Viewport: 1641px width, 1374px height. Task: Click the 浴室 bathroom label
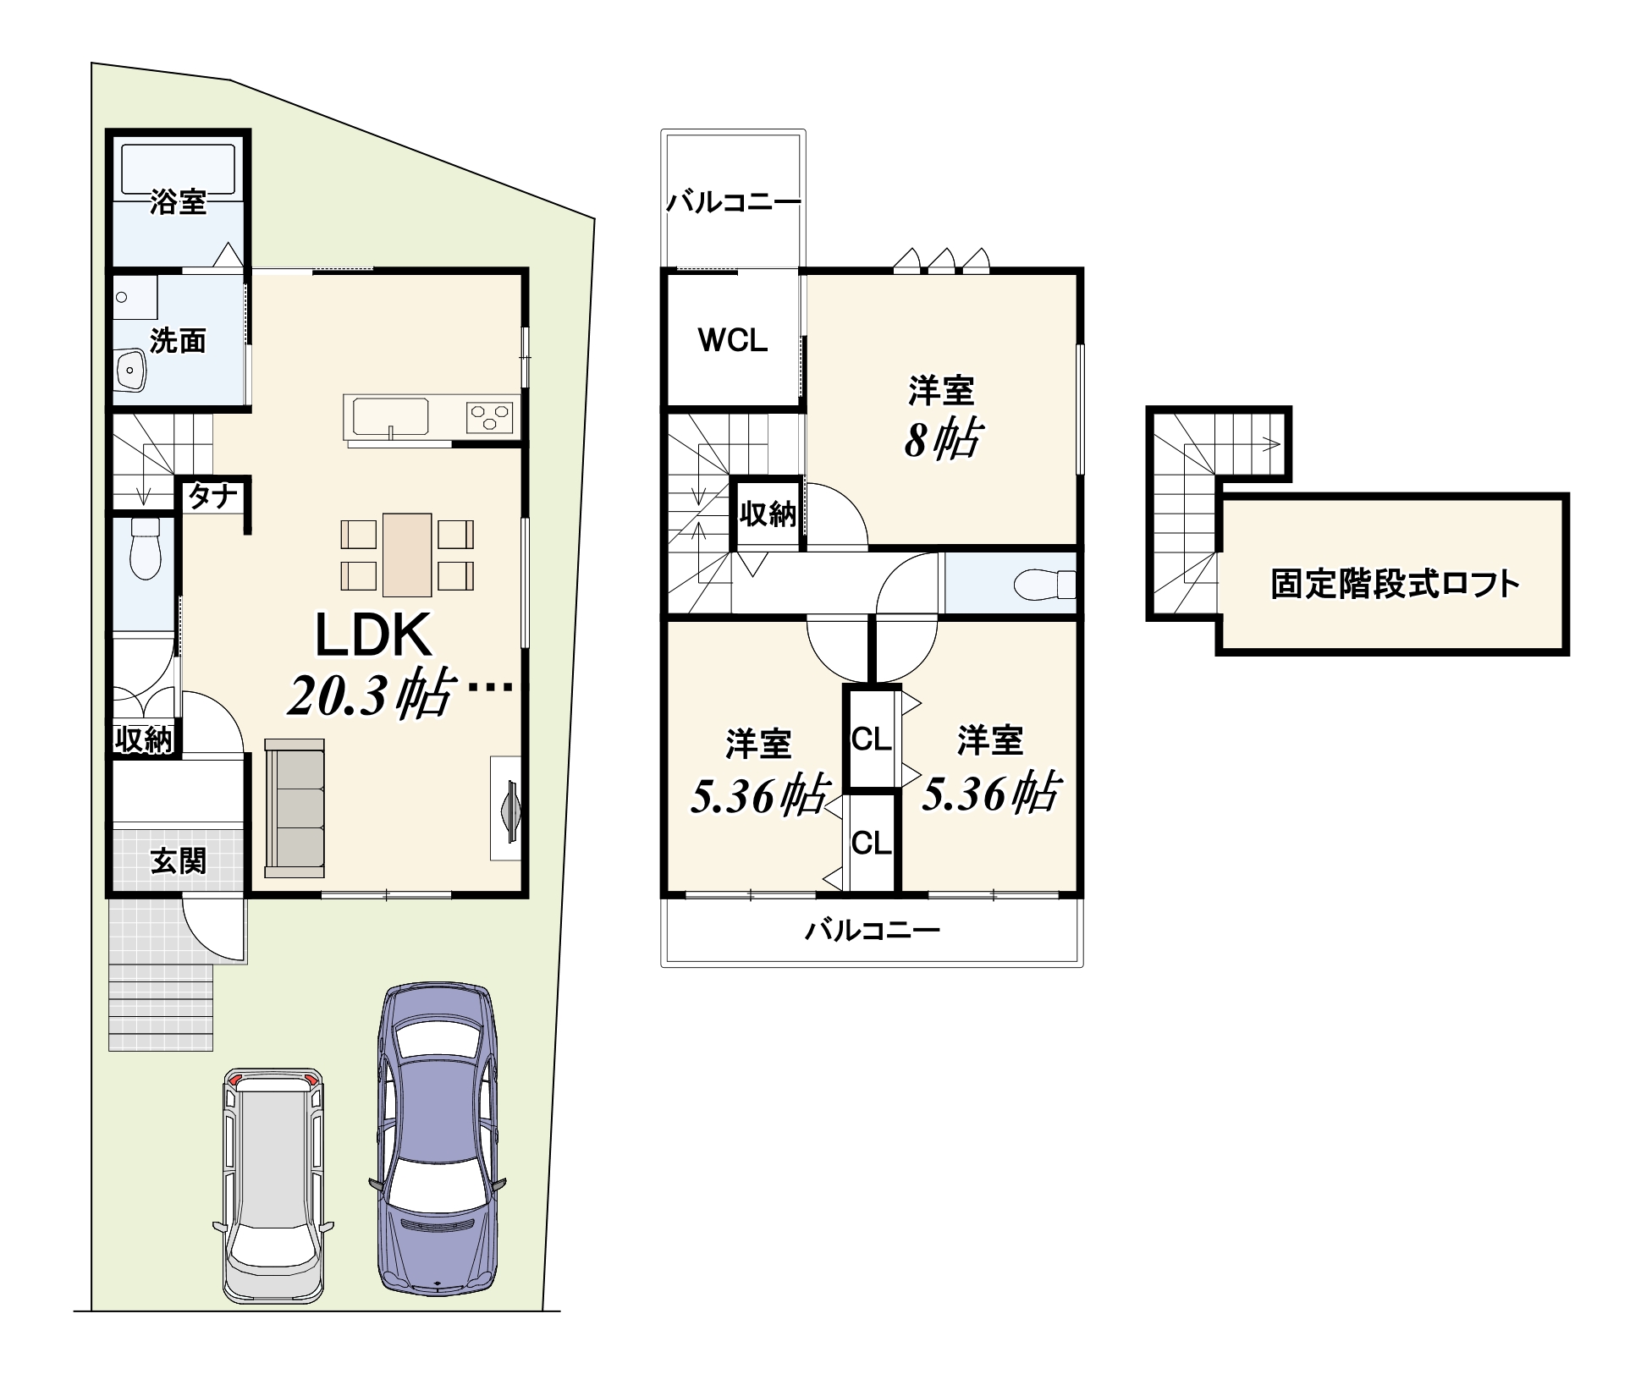click(178, 202)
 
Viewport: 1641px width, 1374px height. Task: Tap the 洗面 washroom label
click(178, 340)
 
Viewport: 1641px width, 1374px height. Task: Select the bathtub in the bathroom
click(178, 170)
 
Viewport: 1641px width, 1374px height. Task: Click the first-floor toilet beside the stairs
click(146, 547)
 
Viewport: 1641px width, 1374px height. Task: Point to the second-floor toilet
click(1044, 585)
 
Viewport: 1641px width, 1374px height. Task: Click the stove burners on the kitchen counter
click(490, 417)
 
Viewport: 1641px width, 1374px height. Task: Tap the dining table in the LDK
click(407, 555)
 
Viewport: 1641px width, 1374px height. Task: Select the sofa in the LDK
click(295, 807)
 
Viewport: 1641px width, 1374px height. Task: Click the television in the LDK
click(512, 809)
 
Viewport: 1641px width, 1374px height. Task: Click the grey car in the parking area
click(273, 1184)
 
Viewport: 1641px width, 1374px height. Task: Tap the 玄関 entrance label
click(179, 861)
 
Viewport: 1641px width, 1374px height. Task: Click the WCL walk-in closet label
click(733, 340)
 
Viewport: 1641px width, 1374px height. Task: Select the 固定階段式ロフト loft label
click(1395, 584)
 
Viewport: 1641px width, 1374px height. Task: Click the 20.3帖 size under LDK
click(369, 694)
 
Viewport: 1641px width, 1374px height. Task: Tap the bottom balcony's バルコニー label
click(873, 931)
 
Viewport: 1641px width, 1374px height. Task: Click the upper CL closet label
click(872, 739)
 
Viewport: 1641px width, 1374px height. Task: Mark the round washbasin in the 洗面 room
click(129, 371)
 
